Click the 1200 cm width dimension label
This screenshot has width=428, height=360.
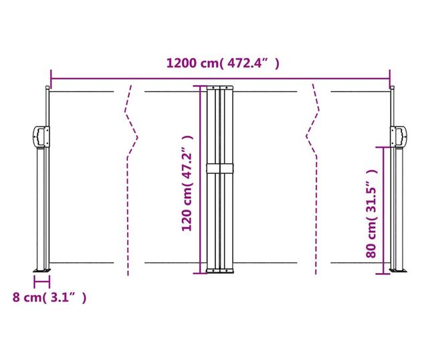(223, 64)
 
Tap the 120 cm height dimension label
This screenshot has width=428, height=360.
(187, 183)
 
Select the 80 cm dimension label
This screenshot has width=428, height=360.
(372, 213)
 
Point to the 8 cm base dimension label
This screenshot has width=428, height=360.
(49, 297)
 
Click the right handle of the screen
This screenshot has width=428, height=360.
(399, 137)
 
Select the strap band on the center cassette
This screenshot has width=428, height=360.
(220, 168)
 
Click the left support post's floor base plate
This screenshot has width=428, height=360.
(42, 270)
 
